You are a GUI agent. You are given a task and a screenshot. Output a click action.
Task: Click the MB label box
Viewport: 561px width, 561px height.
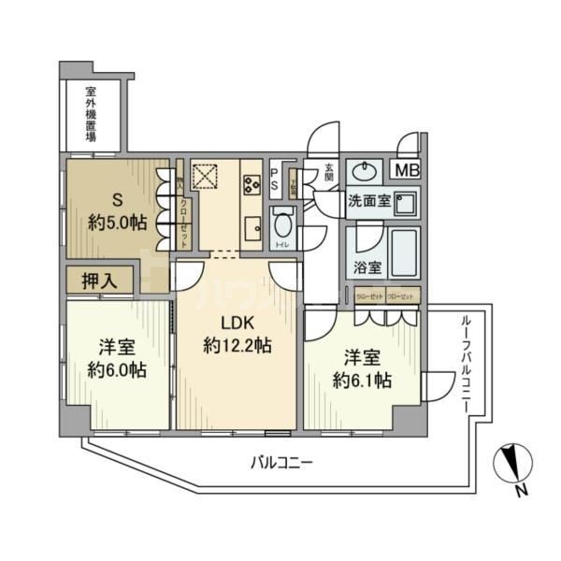click(406, 170)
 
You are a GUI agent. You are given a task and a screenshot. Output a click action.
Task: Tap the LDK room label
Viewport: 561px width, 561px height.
click(237, 324)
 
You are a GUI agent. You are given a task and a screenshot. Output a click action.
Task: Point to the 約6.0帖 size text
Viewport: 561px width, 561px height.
click(117, 370)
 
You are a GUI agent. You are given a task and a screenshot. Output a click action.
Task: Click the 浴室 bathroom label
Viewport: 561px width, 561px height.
click(367, 267)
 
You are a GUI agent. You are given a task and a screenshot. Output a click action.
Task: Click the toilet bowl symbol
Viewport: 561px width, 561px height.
click(283, 224)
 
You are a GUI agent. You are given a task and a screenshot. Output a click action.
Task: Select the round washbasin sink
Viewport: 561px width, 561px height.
click(362, 172)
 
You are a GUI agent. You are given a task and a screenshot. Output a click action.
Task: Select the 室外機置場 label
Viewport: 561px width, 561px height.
click(91, 114)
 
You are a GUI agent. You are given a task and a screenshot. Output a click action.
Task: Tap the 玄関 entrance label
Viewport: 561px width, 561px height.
click(329, 175)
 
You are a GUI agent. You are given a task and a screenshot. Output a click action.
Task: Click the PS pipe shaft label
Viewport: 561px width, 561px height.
click(274, 178)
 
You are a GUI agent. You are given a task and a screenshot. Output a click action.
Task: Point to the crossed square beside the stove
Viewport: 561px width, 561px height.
click(205, 175)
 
